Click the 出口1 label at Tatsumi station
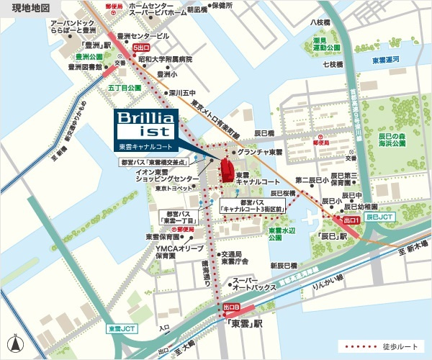[351, 220]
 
